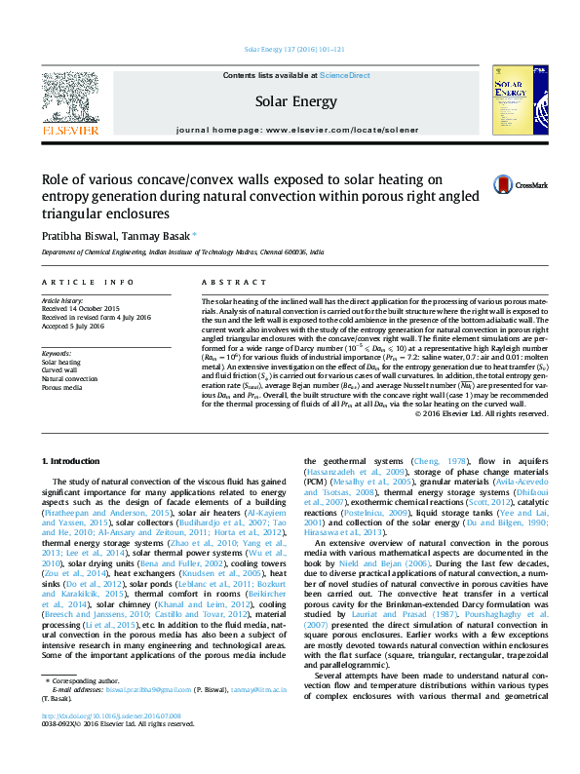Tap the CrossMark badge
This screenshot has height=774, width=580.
tap(520, 184)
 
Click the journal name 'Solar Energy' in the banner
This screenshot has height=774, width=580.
tap(295, 101)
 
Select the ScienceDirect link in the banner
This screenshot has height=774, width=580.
tap(345, 75)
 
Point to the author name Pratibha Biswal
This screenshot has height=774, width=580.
tap(75, 235)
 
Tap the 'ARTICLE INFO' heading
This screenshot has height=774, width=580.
tap(88, 282)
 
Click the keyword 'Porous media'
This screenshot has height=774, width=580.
tap(60, 387)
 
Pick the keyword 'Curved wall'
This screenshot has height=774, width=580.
tap(58, 370)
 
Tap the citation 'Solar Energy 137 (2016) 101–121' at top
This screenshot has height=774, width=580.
tap(290, 50)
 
